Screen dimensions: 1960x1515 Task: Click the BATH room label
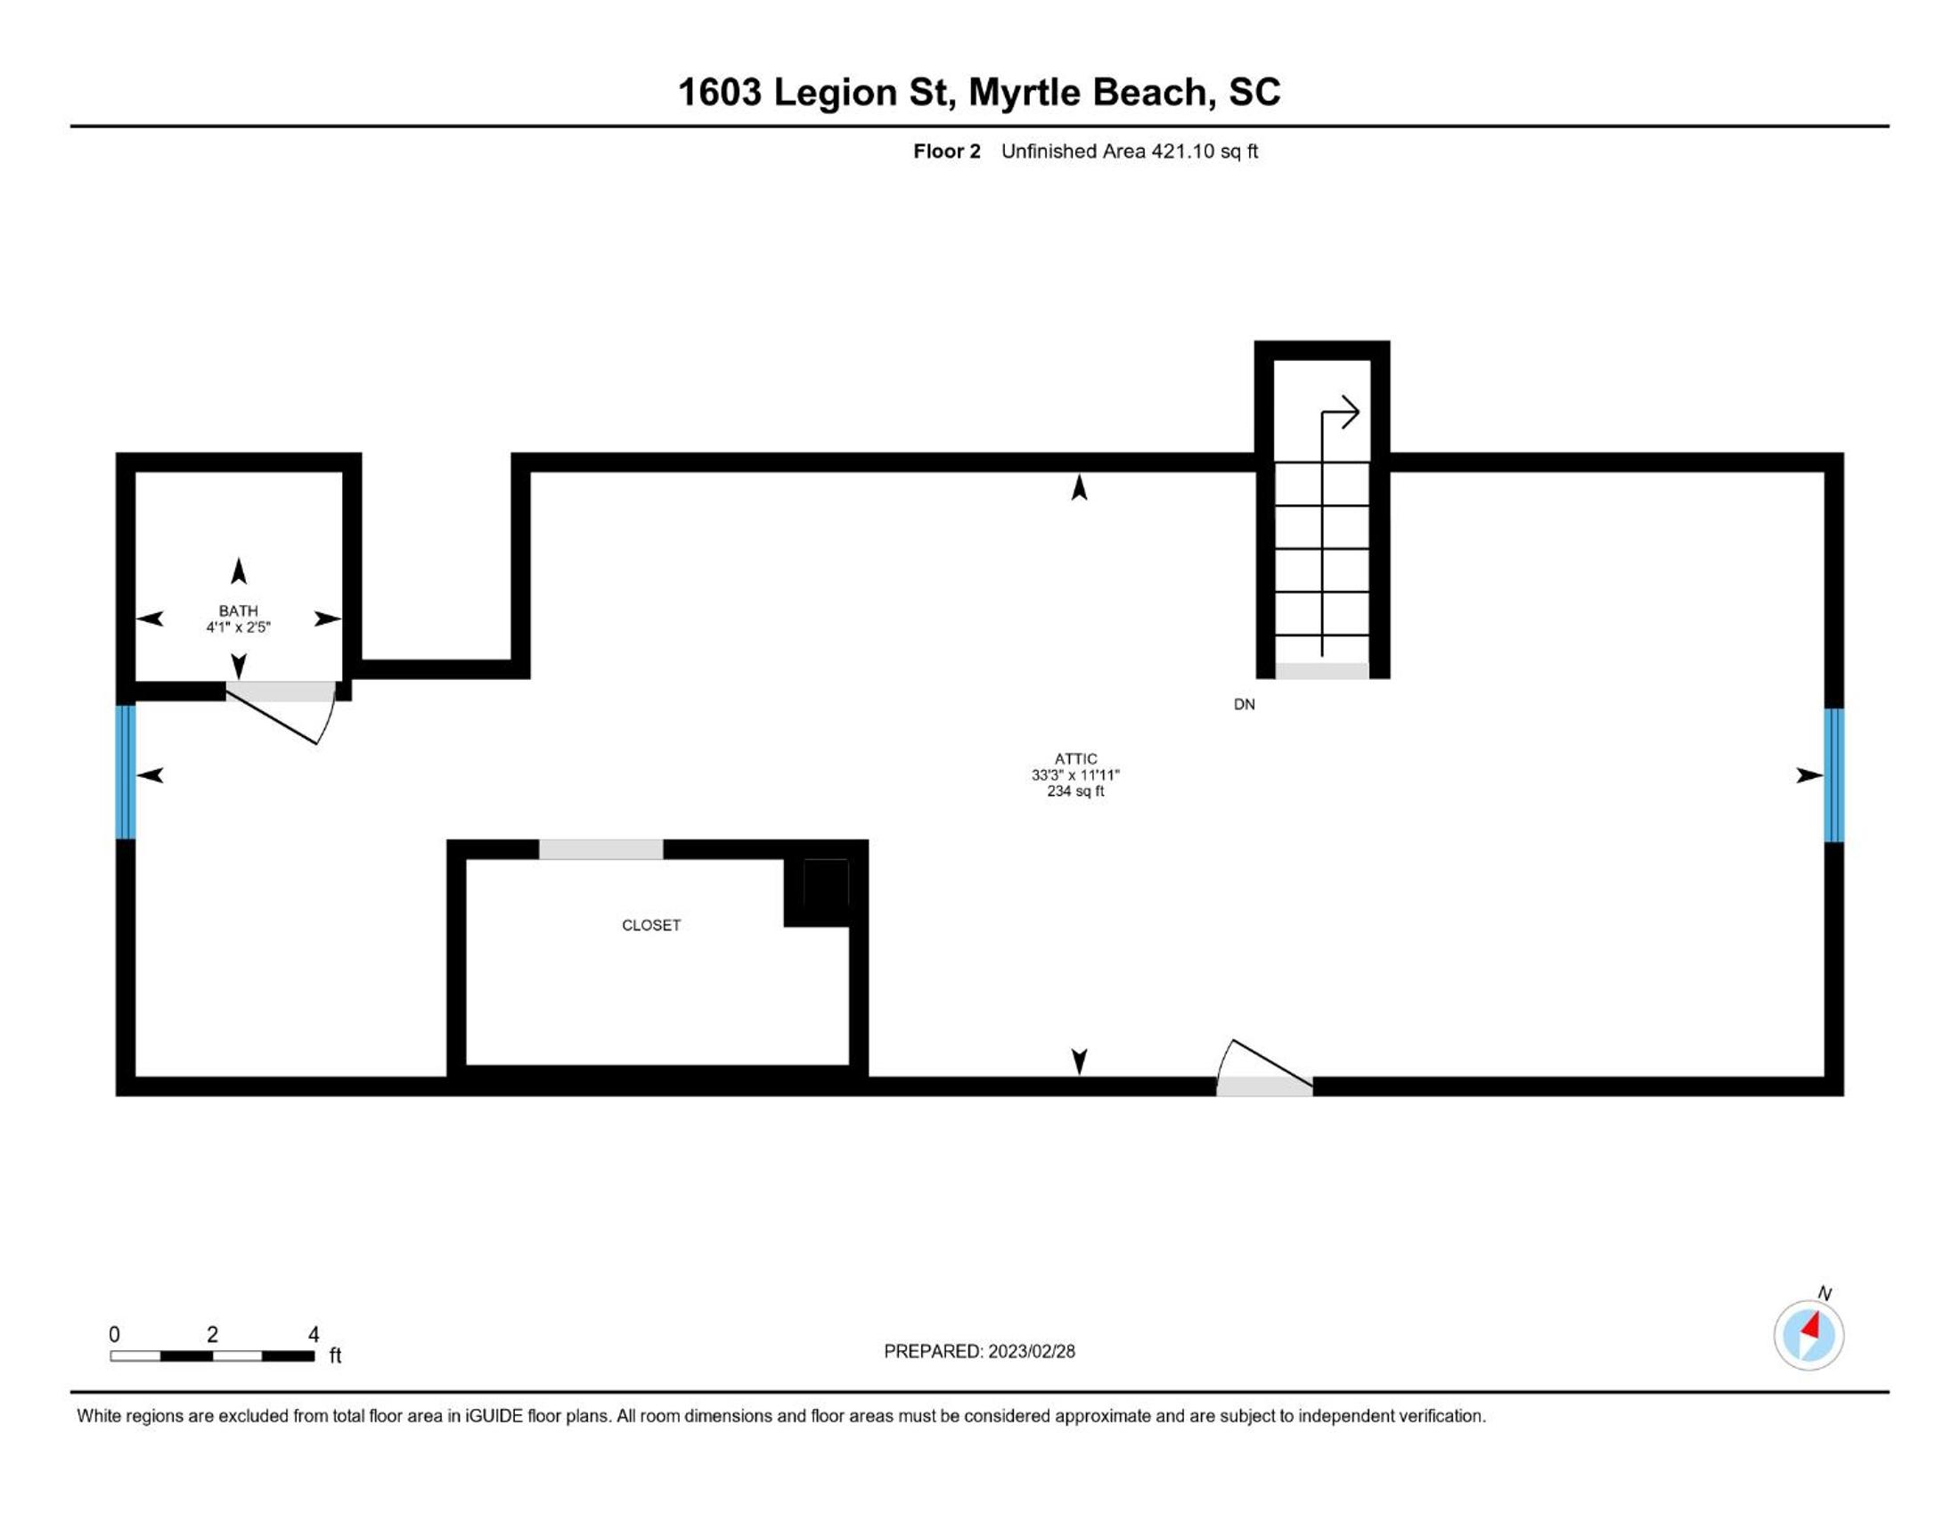tap(238, 610)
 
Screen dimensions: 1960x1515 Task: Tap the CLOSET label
tap(650, 925)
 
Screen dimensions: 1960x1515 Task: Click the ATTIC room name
tap(1075, 758)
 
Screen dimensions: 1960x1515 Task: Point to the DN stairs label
tap(1244, 705)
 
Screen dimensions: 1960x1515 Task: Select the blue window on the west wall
tap(126, 773)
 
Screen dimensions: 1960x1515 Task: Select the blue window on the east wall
tap(1833, 775)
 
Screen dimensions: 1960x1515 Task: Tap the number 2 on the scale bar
tap(212, 1335)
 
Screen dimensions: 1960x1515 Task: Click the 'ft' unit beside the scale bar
tap(335, 1355)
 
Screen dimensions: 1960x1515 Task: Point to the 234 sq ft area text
tap(1075, 790)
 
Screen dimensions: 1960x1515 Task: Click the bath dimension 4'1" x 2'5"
tap(238, 626)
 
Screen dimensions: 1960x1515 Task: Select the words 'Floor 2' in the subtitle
tap(947, 151)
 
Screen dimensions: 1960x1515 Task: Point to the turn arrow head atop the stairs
tap(1350, 413)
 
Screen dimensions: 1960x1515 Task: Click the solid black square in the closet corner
tap(826, 882)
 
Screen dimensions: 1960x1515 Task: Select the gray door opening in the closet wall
tap(600, 849)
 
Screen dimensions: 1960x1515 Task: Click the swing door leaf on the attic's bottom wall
tap(1272, 1066)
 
